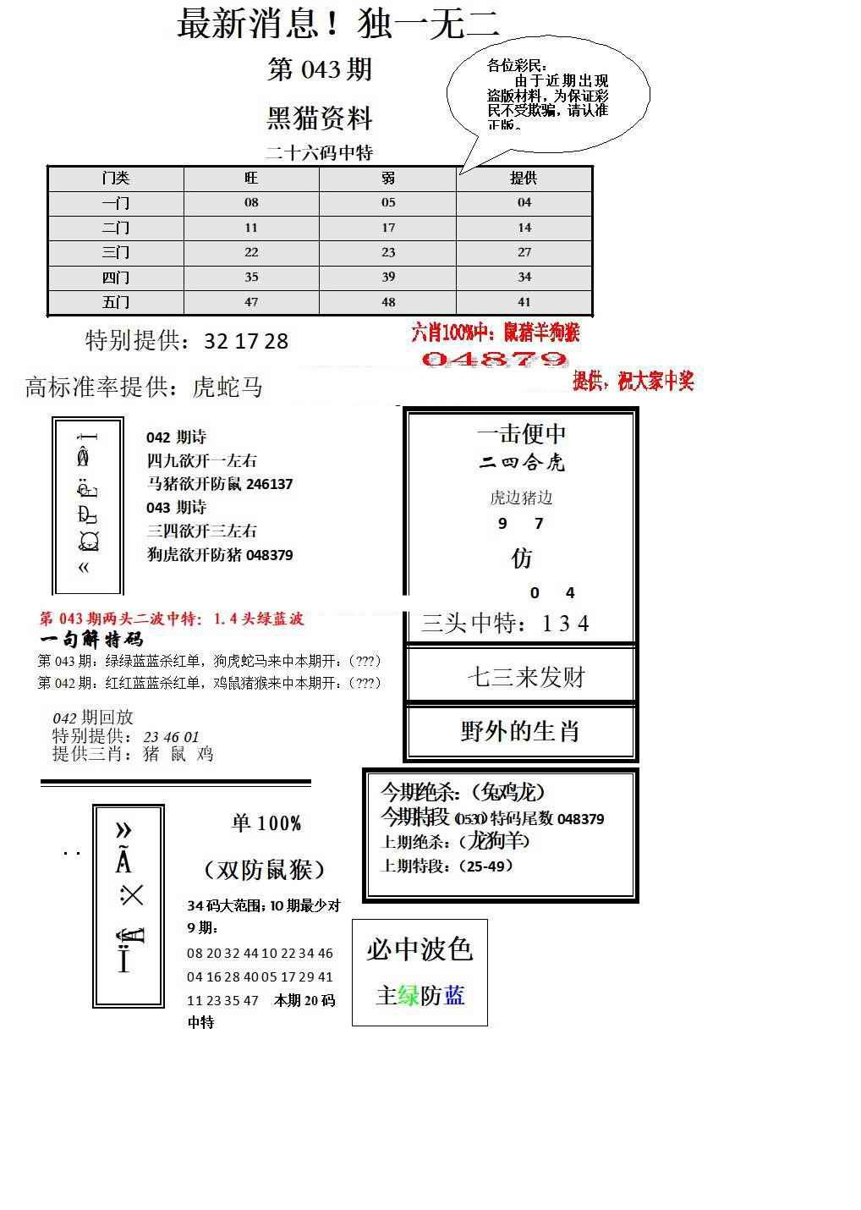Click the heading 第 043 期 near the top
(320, 69)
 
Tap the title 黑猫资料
(320, 118)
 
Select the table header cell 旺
(251, 179)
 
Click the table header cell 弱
(387, 179)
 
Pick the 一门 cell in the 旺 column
(251, 203)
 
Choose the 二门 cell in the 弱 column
(388, 228)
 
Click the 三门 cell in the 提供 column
(524, 252)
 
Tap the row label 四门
(116, 278)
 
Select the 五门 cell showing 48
(388, 302)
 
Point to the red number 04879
(494, 360)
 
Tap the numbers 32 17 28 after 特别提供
(246, 342)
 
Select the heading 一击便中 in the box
(522, 434)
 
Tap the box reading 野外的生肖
(520, 731)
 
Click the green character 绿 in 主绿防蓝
(409, 996)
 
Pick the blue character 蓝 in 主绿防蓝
(454, 996)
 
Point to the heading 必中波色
(420, 949)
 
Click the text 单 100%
(266, 823)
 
